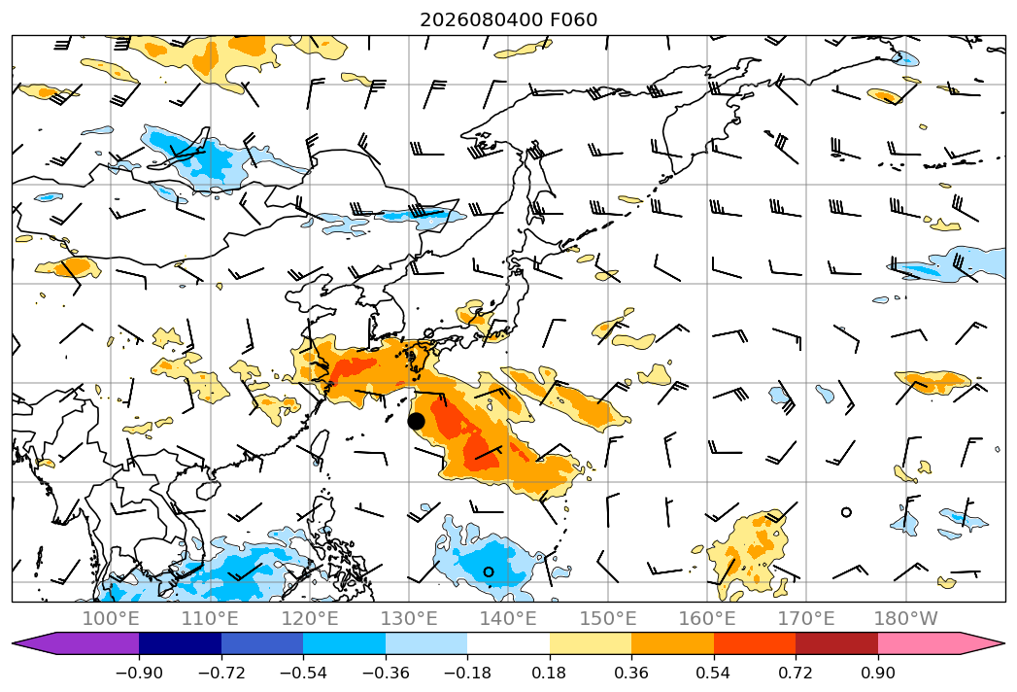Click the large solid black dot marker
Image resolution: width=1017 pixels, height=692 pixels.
(x=416, y=421)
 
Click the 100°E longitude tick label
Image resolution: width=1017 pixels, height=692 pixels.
(x=111, y=618)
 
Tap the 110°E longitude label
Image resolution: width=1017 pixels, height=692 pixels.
(x=210, y=618)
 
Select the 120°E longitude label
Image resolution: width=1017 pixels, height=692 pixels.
(x=310, y=618)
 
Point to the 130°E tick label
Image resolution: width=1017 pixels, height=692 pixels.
(x=409, y=618)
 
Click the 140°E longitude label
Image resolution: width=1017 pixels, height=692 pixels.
(x=508, y=618)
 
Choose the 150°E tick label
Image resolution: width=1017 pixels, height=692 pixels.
(x=608, y=618)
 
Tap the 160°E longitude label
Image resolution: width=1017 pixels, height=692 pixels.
(x=707, y=618)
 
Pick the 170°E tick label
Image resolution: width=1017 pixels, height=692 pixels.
(x=806, y=618)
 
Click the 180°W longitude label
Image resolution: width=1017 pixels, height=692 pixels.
(x=905, y=618)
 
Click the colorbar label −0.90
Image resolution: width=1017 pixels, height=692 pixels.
(x=139, y=673)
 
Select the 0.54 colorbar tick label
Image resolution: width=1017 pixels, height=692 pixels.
(x=714, y=673)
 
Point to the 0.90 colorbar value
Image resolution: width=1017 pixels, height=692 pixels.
(x=877, y=673)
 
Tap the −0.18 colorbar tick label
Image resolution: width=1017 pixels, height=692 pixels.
(x=467, y=673)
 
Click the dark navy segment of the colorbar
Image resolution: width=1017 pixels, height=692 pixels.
(x=180, y=643)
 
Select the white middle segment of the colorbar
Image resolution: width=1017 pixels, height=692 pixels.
(x=509, y=643)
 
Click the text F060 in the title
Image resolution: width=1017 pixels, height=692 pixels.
(x=573, y=20)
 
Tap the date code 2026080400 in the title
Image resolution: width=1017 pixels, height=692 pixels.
(x=481, y=20)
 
